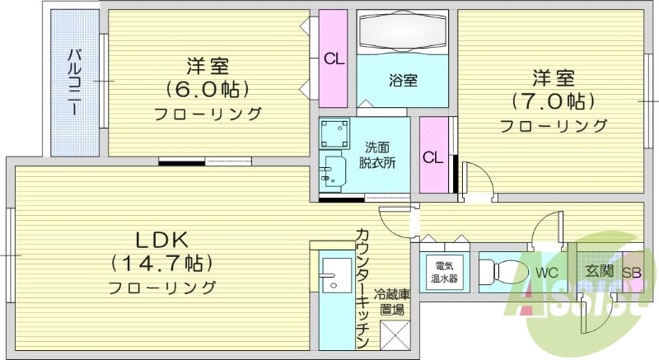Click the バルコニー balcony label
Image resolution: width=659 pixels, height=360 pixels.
pos(74,82)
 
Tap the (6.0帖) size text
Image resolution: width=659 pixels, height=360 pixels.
pos(207,88)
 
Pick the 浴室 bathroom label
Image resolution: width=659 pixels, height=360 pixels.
pos(403,81)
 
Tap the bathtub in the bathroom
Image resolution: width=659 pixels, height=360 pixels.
pos(403,33)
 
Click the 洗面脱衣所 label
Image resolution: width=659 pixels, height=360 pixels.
pos(377,154)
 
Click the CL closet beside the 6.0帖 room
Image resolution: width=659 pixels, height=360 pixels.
pos(333,58)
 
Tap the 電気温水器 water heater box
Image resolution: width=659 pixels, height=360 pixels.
pos(444,272)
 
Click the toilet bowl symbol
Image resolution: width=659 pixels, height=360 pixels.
pos(501,271)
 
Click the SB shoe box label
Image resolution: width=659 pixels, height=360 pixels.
pos(633,273)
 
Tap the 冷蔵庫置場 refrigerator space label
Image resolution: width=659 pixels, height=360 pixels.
pos(391,302)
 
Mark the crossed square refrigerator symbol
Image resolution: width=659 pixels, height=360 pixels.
pos(392,337)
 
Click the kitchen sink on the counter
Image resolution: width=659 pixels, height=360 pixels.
pos(336,274)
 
